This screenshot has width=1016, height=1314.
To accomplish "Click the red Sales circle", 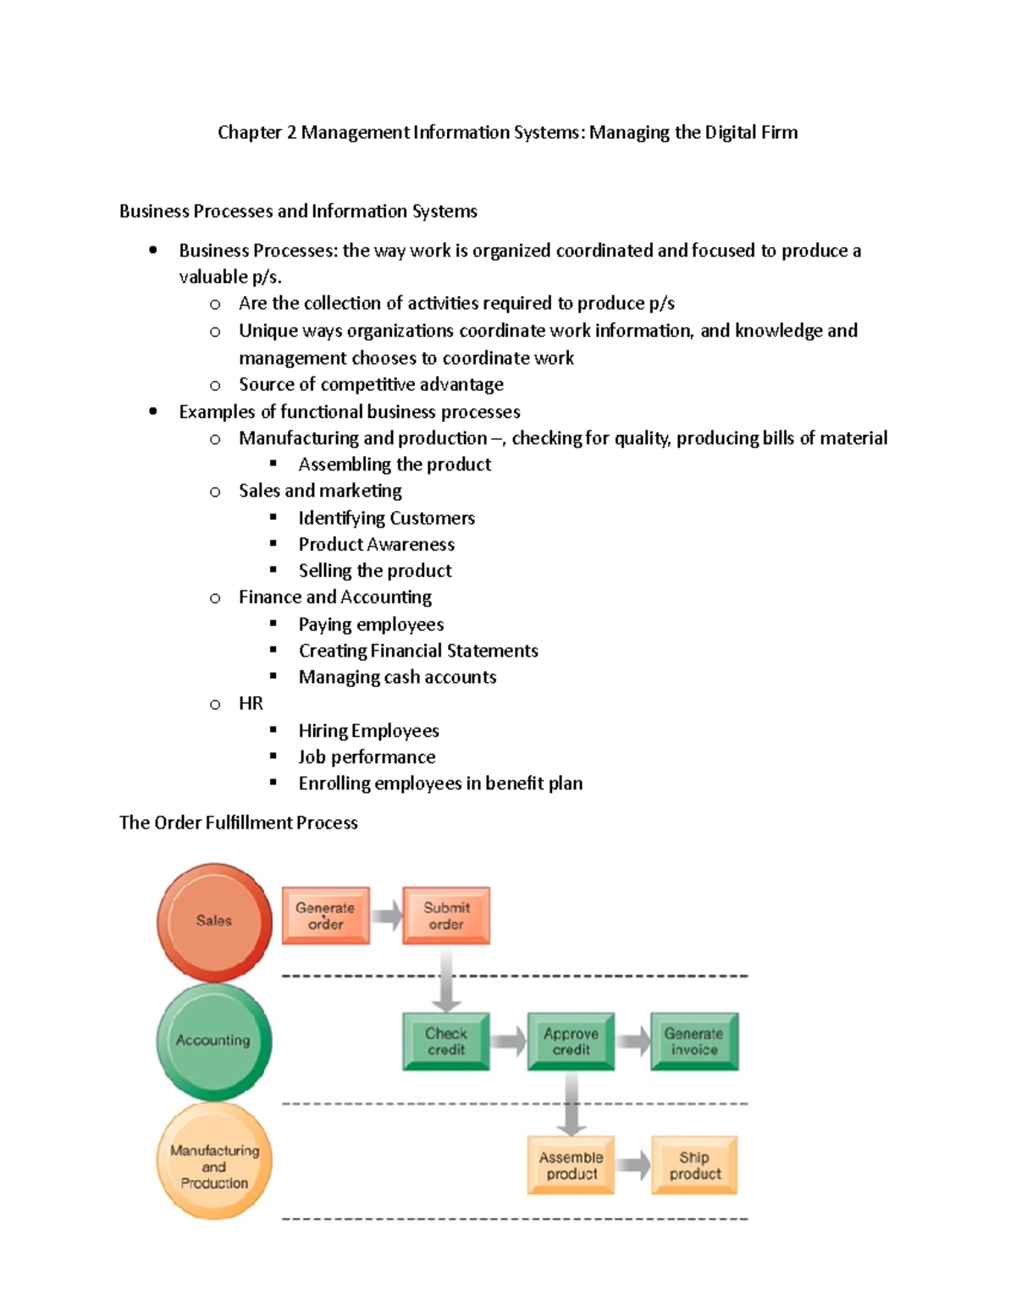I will click(x=214, y=921).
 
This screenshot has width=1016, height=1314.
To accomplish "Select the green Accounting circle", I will click(x=214, y=1041).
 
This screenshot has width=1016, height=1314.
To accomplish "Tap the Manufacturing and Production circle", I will click(x=214, y=1162).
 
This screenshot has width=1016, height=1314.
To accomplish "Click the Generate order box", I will click(x=325, y=915).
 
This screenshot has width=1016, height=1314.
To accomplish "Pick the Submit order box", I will click(x=446, y=915).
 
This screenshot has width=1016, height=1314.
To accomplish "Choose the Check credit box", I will click(x=446, y=1041).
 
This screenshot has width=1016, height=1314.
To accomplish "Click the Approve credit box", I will click(x=571, y=1041).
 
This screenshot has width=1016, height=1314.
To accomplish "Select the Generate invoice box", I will click(x=694, y=1041).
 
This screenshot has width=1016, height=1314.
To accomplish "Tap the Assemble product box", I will click(x=571, y=1165).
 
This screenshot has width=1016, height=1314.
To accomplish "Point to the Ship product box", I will click(x=694, y=1165).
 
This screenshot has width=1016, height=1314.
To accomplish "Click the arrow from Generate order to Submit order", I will click(x=387, y=915).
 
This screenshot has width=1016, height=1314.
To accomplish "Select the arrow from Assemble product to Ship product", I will click(x=632, y=1165).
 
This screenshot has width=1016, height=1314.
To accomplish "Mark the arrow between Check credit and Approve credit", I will click(x=508, y=1041).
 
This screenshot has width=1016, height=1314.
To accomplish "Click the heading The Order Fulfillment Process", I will click(x=239, y=822).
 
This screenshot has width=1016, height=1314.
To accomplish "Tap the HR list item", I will click(x=251, y=703).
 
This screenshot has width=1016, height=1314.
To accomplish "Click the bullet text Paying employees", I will click(x=371, y=624).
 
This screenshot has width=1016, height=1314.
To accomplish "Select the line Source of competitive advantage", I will click(x=371, y=384).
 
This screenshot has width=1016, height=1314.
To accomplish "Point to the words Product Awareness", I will click(x=376, y=544).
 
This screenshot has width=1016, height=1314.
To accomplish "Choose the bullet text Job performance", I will click(x=367, y=756).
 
